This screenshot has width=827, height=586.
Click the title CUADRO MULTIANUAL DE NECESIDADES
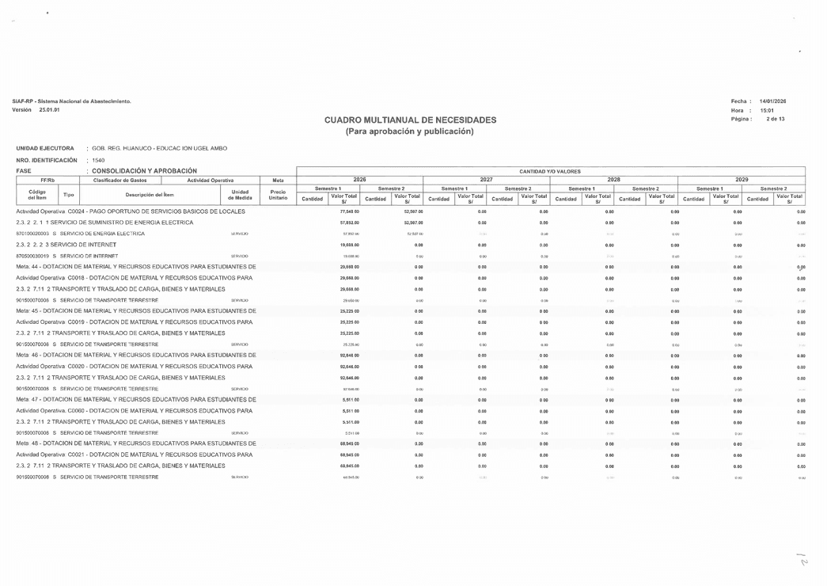[410, 120]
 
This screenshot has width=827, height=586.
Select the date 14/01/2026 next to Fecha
[772, 101]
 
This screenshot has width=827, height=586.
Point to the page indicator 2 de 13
[775, 119]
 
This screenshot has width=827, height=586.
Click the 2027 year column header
[487, 180]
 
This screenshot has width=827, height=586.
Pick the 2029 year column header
[742, 180]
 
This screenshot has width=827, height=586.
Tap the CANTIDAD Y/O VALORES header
[550, 171]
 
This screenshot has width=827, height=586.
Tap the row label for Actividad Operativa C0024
[131, 212]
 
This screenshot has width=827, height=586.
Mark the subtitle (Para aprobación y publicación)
[410, 131]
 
